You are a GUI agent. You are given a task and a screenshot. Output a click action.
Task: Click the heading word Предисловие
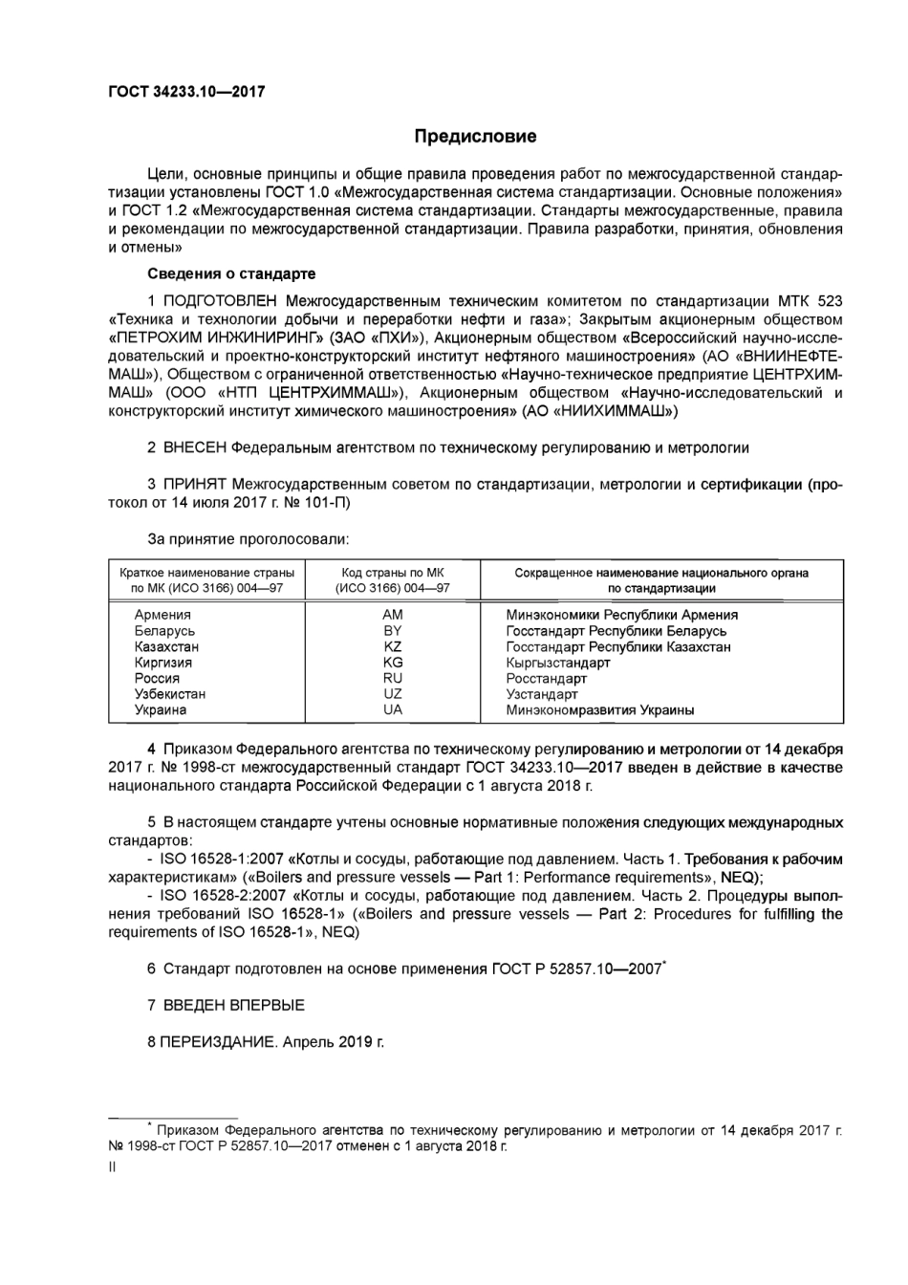(x=475, y=136)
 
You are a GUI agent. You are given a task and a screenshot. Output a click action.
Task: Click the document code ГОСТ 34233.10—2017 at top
(x=186, y=92)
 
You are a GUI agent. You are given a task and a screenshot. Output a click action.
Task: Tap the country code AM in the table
(x=392, y=615)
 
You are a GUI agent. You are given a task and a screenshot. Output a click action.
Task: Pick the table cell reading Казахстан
(x=166, y=646)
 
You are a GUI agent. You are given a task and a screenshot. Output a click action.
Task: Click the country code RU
(x=392, y=678)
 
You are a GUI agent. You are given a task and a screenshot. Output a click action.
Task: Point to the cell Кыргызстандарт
(x=558, y=663)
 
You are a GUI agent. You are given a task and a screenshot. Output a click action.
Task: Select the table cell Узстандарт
(x=542, y=694)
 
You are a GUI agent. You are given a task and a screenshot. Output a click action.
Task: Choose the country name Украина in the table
(x=161, y=709)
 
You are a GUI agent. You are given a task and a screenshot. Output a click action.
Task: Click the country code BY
(x=392, y=631)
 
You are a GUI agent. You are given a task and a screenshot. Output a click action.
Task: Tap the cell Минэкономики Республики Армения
(x=621, y=615)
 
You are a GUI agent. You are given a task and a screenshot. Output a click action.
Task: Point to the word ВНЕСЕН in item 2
(x=196, y=447)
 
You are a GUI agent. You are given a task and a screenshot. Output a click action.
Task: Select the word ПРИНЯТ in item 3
(x=195, y=485)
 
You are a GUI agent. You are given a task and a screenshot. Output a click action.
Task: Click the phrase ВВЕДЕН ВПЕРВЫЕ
(x=234, y=1005)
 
